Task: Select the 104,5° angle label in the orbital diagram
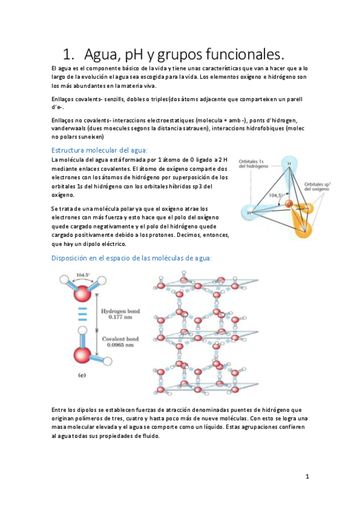pyautogui.click(x=276, y=195)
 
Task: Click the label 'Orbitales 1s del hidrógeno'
pyautogui.click(x=255, y=165)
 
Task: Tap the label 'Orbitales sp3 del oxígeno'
pyautogui.click(x=322, y=186)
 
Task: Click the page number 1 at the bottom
pyautogui.click(x=307, y=476)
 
